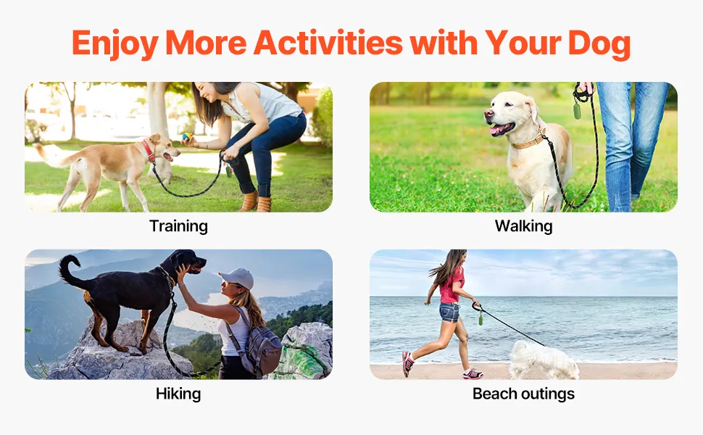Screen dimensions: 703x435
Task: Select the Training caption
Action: pos(178,226)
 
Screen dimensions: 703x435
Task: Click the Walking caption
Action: pos(524,226)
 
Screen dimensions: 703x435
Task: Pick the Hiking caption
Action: pos(178,394)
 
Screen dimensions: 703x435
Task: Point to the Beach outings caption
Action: pos(524,394)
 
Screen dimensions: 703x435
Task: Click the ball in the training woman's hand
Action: pos(186,136)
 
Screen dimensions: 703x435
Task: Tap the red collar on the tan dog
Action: pos(148,151)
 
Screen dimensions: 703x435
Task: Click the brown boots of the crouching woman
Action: pos(256,202)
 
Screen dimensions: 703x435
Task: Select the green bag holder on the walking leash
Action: pos(577,111)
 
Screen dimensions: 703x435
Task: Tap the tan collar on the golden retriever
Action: pos(528,141)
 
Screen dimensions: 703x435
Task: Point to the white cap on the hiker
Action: pos(237,278)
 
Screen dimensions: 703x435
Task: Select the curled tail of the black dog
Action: pos(69,270)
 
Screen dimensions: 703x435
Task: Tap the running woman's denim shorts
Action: pos(449,312)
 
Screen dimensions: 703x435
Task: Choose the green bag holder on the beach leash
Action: pos(481,319)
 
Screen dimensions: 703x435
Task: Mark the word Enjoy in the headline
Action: pos(115,44)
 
